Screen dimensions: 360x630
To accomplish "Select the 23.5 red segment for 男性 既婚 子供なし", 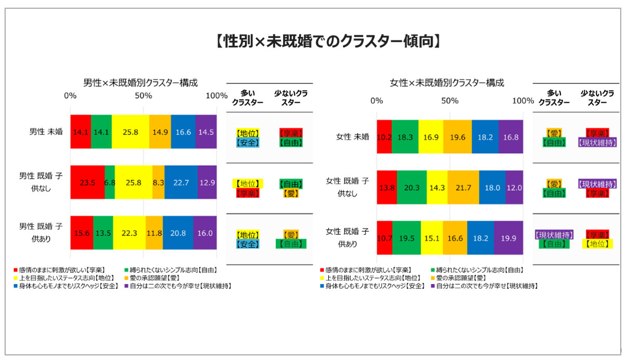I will [x=87, y=182].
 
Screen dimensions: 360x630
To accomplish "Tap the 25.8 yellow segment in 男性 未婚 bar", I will [x=130, y=132].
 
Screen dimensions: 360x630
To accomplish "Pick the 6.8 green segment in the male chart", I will [x=110, y=182].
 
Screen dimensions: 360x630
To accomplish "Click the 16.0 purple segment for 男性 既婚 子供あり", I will [x=205, y=233].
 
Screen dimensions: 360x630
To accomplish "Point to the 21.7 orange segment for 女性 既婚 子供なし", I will [x=463, y=187].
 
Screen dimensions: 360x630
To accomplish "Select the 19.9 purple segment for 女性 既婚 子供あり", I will [x=508, y=238].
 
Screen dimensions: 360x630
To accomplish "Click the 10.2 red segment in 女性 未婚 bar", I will [x=384, y=137].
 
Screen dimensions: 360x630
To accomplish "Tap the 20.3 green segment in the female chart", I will [x=411, y=187].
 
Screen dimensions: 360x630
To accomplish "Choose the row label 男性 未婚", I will [x=46, y=132].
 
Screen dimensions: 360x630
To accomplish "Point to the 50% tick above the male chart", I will [x=143, y=96].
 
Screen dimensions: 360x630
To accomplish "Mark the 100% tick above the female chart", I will [x=522, y=100].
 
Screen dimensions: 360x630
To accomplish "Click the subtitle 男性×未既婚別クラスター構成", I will [x=141, y=83].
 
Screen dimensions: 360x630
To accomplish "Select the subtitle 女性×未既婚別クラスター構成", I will [x=447, y=83].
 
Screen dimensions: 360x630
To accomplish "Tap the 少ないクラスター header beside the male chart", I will [x=290, y=98].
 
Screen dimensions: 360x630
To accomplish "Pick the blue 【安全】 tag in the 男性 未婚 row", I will [x=247, y=142].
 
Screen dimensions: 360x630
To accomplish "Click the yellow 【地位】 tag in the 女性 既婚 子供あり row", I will [x=597, y=244].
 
